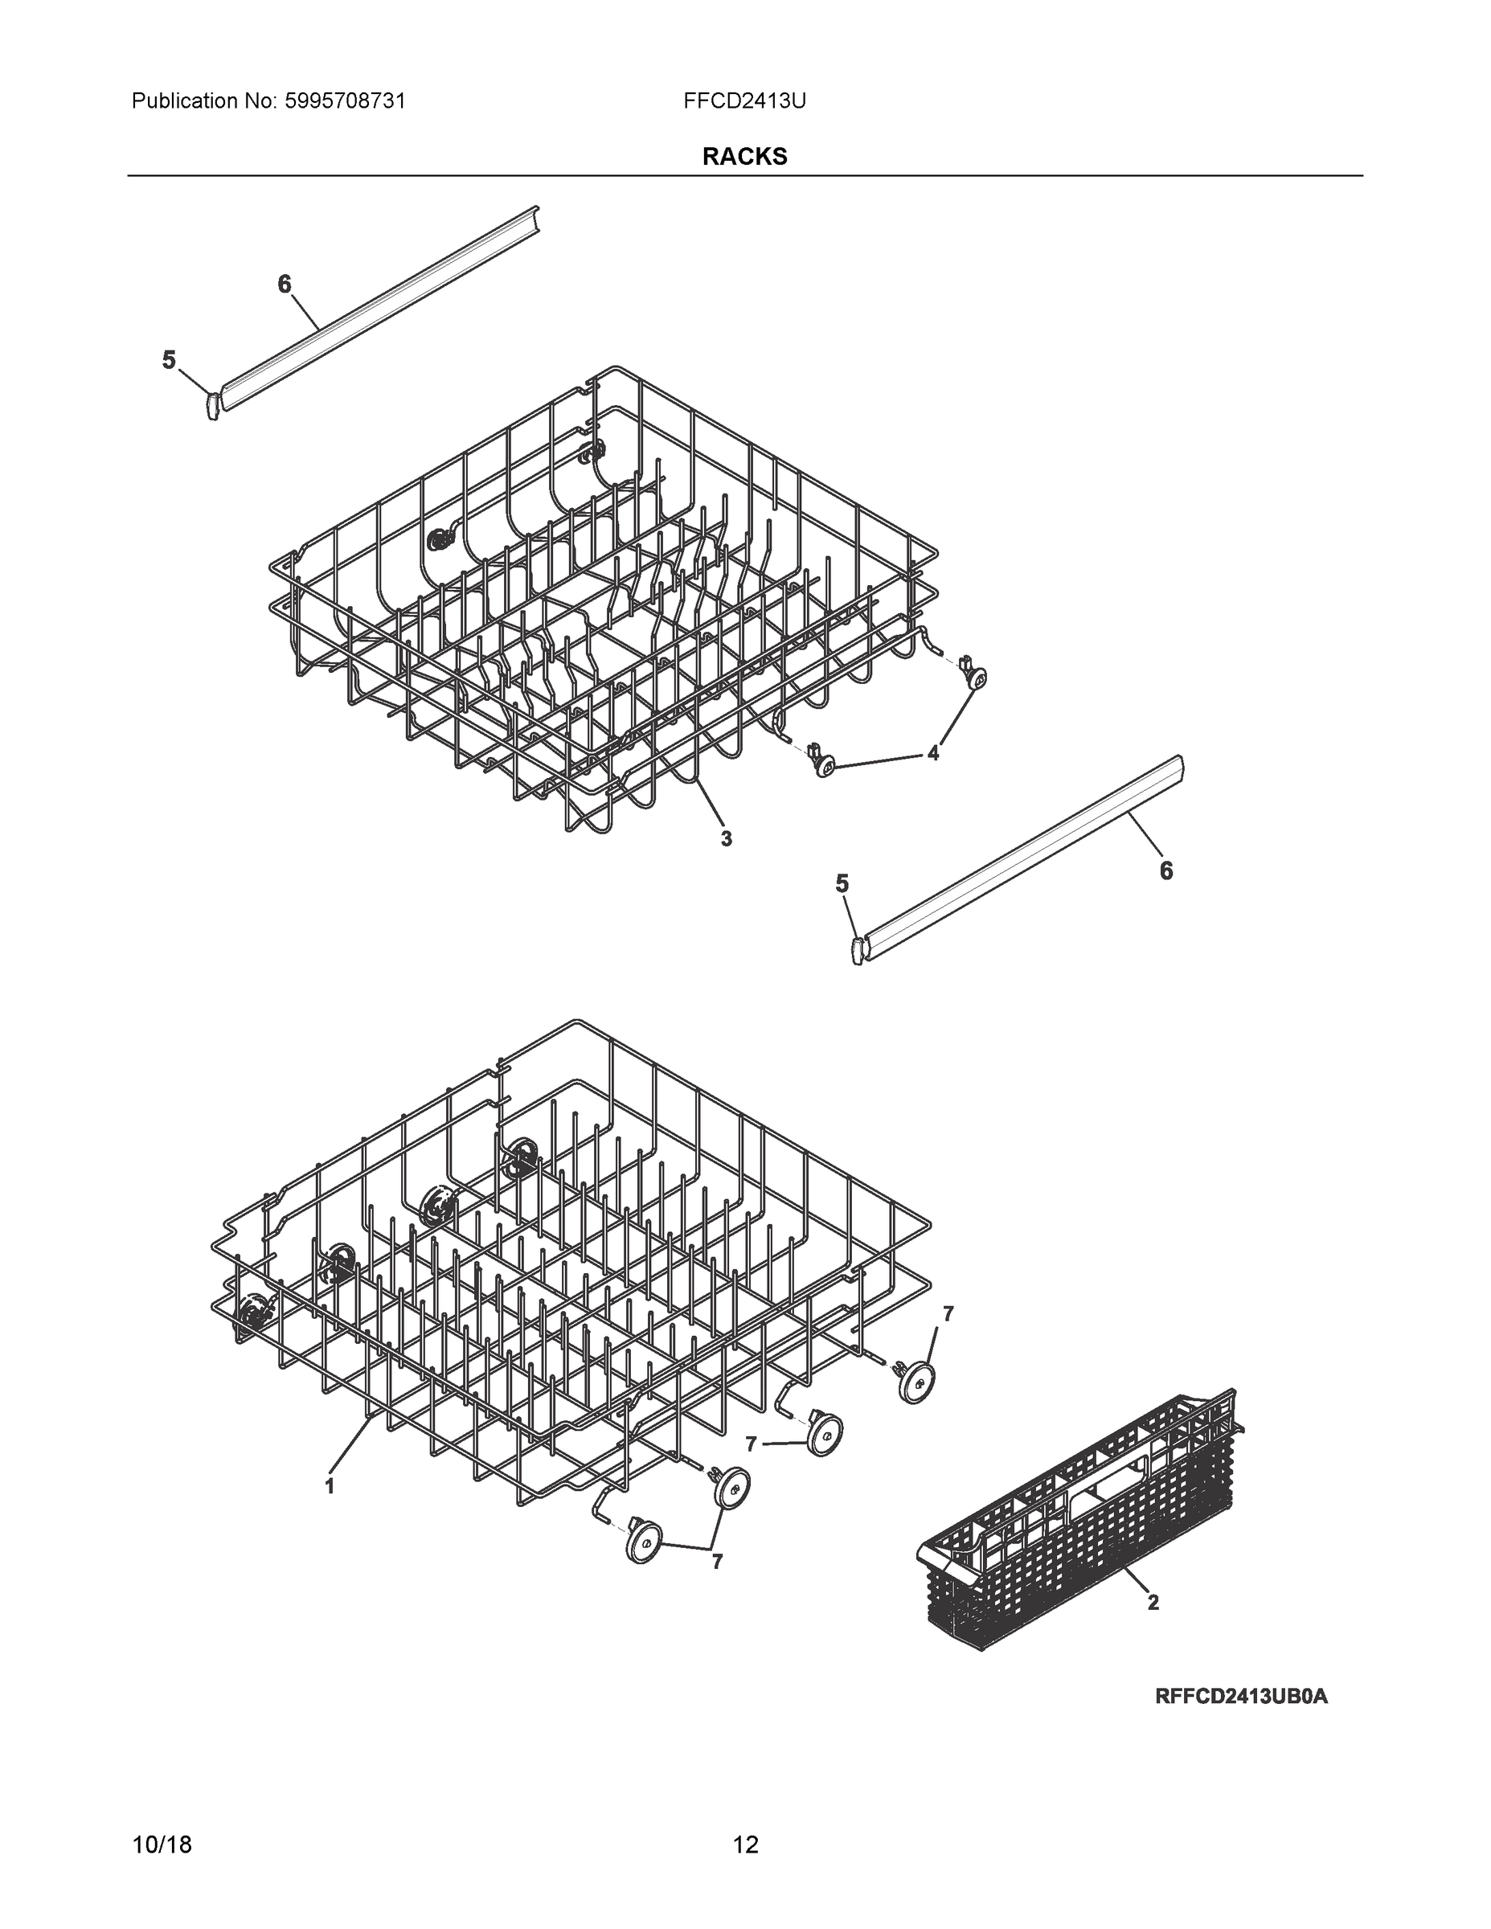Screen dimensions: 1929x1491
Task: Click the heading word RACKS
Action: (x=744, y=157)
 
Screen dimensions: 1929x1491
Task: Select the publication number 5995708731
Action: (x=346, y=101)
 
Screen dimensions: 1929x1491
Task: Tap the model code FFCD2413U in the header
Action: (x=743, y=101)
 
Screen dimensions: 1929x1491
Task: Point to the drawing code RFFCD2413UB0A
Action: (x=1241, y=1696)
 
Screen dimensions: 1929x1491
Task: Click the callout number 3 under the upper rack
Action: (x=726, y=839)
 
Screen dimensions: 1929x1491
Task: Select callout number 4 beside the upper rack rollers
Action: (x=932, y=753)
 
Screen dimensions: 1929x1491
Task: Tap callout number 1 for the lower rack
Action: (x=330, y=1486)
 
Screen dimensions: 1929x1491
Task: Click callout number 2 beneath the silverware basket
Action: (x=1153, y=1602)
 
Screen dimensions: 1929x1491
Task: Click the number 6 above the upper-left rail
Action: (x=284, y=285)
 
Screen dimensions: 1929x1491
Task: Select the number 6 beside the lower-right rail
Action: (x=1166, y=871)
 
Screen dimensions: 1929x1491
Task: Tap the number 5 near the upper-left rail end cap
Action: (x=169, y=360)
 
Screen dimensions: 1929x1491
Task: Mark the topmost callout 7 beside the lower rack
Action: (x=948, y=1314)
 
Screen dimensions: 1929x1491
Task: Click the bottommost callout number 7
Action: (x=717, y=1562)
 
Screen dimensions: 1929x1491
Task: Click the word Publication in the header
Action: (x=185, y=101)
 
